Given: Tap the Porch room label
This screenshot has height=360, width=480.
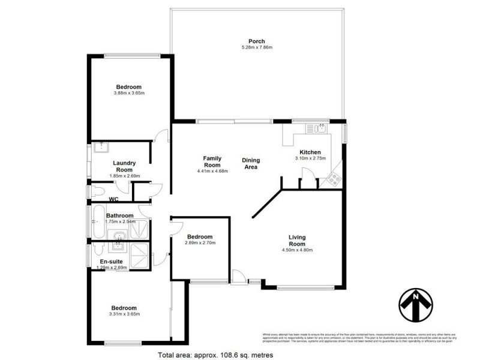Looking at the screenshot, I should point(257,41).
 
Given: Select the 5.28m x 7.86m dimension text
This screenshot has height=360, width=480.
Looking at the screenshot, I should point(257,47).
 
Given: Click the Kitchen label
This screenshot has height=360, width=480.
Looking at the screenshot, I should point(310,152).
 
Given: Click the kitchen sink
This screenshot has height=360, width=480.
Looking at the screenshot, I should point(316,128).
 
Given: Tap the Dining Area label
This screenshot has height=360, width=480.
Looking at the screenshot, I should point(250,163).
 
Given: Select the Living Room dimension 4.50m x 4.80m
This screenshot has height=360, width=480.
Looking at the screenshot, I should point(297,250).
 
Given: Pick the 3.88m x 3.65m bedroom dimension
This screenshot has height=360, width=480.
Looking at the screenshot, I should point(130,93).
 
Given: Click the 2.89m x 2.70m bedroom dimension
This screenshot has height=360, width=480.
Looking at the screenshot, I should point(200,243).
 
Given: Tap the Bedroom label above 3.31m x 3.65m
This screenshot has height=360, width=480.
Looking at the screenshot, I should point(124,308).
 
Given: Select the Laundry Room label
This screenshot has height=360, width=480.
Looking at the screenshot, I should point(124,166).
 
